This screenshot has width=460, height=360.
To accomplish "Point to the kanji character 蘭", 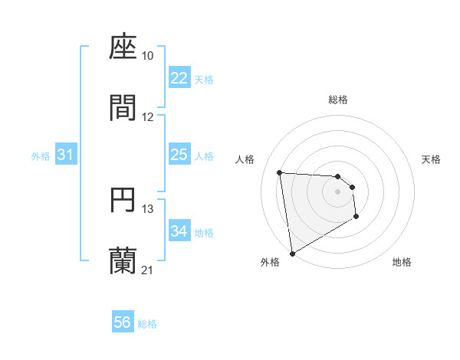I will click(x=123, y=260).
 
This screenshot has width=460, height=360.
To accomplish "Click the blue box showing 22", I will click(x=179, y=78).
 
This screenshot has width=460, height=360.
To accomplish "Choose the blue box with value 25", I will click(x=179, y=155).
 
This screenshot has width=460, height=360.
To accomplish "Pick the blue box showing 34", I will click(x=179, y=231).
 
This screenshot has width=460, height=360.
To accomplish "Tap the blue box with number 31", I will click(x=65, y=155).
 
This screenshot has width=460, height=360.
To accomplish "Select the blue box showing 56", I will click(x=122, y=322).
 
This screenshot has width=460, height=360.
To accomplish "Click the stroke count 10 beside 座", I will click(x=148, y=56).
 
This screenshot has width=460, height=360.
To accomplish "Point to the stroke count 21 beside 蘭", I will click(x=148, y=270).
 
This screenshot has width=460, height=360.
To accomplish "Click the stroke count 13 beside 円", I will click(x=148, y=208).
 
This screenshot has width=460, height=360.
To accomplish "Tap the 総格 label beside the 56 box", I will click(x=147, y=324).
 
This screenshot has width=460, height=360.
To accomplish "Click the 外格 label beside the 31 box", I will click(x=41, y=155).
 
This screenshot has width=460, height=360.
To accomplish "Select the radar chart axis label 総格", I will click(x=338, y=100).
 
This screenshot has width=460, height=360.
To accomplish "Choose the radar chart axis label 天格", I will click(x=432, y=159).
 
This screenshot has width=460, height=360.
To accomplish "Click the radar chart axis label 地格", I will click(x=402, y=262).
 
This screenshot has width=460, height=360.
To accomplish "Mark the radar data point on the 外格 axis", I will click(x=291, y=253).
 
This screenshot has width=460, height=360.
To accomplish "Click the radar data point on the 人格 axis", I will click(x=280, y=172).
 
